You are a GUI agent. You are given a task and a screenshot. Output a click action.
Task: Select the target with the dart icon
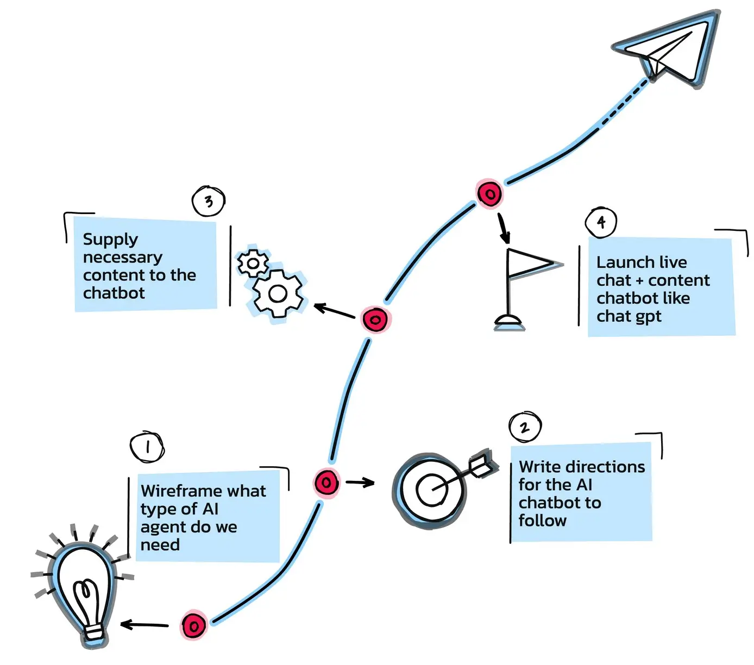tap(432, 489)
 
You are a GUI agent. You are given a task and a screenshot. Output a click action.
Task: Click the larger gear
tap(278, 294)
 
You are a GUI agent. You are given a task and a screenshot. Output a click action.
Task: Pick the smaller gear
tap(253, 264)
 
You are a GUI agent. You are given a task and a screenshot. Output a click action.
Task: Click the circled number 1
tap(147, 447)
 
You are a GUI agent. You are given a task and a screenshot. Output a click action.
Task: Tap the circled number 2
tap(525, 427)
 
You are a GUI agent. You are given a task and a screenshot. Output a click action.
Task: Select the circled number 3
tap(209, 202)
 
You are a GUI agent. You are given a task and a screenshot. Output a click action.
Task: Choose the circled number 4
tap(601, 222)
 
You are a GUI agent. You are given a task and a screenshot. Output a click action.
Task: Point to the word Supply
tap(110, 240)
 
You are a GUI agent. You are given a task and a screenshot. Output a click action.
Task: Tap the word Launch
tap(620, 262)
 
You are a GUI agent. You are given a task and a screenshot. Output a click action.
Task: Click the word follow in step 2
tap(542, 520)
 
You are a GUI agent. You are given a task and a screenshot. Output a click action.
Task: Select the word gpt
tap(646, 317)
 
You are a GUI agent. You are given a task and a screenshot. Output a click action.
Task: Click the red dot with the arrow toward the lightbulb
tap(193, 625)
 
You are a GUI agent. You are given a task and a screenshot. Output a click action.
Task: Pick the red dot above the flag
tap(489, 193)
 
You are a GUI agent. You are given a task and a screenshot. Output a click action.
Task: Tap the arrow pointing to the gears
tap(334, 311)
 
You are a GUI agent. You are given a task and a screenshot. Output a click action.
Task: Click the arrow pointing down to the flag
tap(504, 229)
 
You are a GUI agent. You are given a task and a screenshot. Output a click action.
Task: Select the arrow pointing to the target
tap(360, 482)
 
